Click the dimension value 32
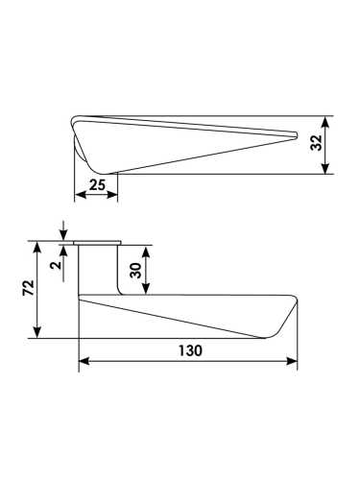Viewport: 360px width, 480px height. (x=316, y=143)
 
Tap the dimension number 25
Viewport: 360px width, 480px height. (x=97, y=185)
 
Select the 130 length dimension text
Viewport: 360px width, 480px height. (x=190, y=350)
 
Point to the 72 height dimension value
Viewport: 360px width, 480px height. (x=28, y=288)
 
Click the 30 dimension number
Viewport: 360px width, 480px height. (x=136, y=271)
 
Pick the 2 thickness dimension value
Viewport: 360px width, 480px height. (x=57, y=265)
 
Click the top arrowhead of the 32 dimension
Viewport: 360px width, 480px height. (x=325, y=123)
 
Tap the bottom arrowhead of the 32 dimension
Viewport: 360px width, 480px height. (x=325, y=168)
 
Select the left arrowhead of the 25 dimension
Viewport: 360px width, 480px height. (x=81, y=195)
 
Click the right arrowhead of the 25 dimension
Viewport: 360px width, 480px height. (x=111, y=195)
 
